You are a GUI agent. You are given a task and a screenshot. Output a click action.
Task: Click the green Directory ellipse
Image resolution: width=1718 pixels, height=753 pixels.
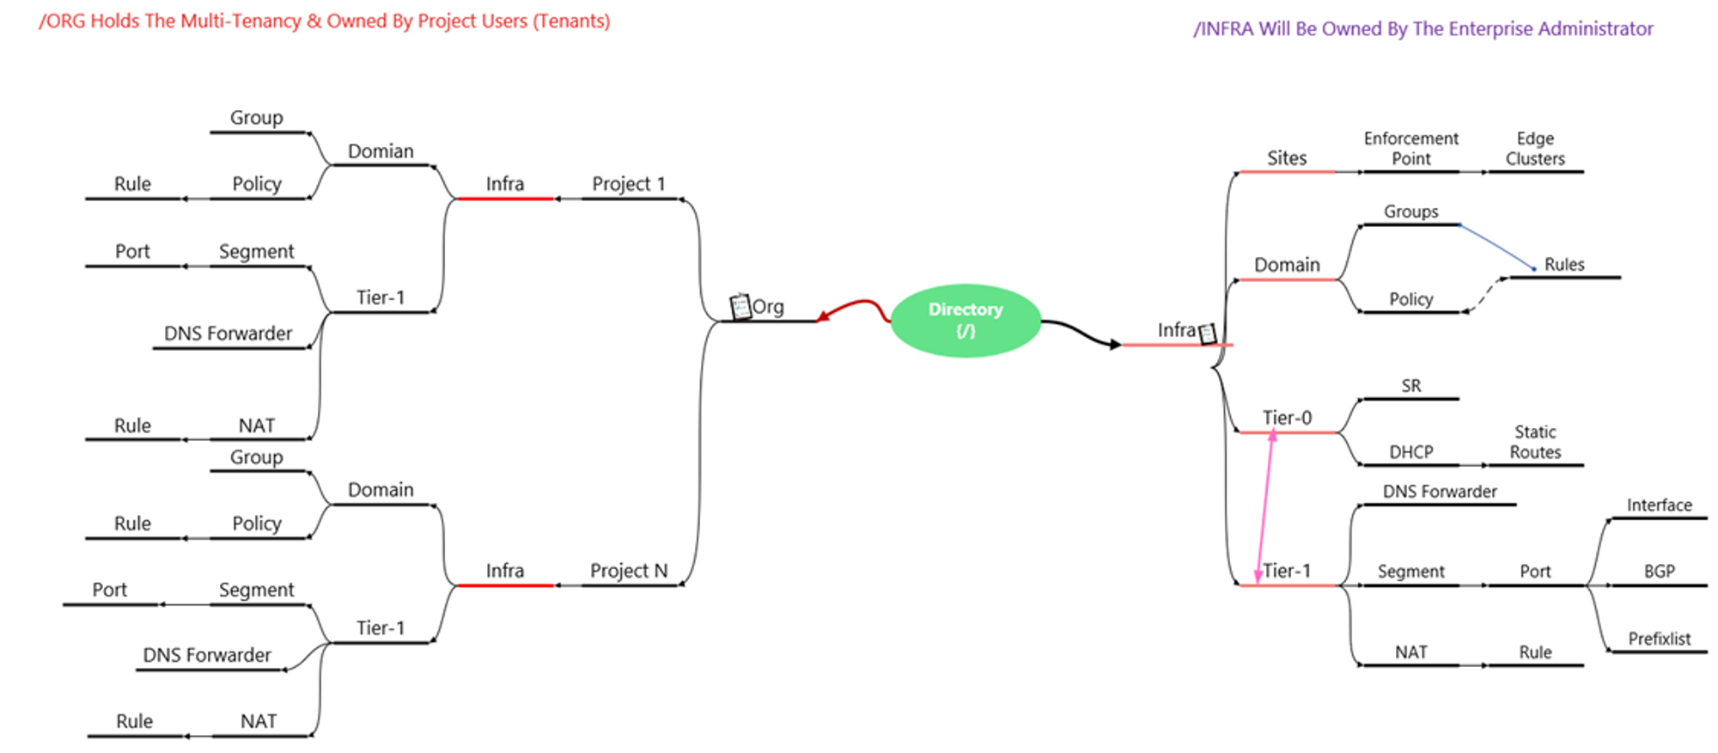966,320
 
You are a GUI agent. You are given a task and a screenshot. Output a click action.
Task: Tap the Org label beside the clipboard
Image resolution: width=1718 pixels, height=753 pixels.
768,307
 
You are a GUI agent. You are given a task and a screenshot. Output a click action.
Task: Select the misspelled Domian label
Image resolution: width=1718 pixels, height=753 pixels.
381,151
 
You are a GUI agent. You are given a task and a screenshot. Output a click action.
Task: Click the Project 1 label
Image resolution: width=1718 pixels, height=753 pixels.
629,184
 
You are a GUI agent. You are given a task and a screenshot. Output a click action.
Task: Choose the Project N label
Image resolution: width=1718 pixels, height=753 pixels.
629,571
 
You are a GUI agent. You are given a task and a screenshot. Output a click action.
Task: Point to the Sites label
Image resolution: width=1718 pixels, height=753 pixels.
1287,158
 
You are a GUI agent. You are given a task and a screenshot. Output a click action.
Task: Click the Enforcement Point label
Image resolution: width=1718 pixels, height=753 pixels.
1411,149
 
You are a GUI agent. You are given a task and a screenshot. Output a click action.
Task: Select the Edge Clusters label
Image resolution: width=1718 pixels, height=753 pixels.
1535,149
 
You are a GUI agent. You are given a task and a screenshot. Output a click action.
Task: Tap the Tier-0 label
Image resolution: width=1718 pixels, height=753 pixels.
1287,418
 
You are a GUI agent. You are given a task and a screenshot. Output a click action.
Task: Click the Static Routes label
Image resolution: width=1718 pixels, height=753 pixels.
1535,442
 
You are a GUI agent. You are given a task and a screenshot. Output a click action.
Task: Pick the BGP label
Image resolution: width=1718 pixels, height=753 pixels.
1659,572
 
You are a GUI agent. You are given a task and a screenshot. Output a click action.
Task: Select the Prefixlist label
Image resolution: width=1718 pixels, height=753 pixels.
1659,639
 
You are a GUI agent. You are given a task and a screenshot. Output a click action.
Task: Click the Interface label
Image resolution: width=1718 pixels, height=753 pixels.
1659,505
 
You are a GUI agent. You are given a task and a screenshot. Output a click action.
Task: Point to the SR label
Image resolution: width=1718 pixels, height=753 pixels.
1411,386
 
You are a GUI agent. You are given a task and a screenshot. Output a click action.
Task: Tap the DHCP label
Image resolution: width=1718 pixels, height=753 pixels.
1411,452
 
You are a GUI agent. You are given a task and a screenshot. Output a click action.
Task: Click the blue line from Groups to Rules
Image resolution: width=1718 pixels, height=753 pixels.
1497,247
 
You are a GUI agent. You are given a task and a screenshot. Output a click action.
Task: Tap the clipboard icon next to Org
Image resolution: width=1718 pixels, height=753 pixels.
740,306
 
